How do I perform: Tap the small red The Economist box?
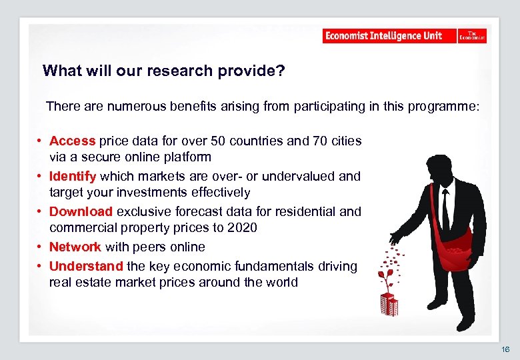[x=472, y=36]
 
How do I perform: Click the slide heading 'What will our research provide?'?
[x=163, y=71]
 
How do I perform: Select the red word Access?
[x=73, y=141]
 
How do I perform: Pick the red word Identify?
[x=73, y=176]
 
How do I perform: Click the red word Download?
[x=81, y=211]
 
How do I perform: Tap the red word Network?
[x=75, y=247]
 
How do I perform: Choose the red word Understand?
[x=86, y=266]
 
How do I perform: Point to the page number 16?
[x=505, y=349]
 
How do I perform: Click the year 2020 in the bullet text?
[x=243, y=228]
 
